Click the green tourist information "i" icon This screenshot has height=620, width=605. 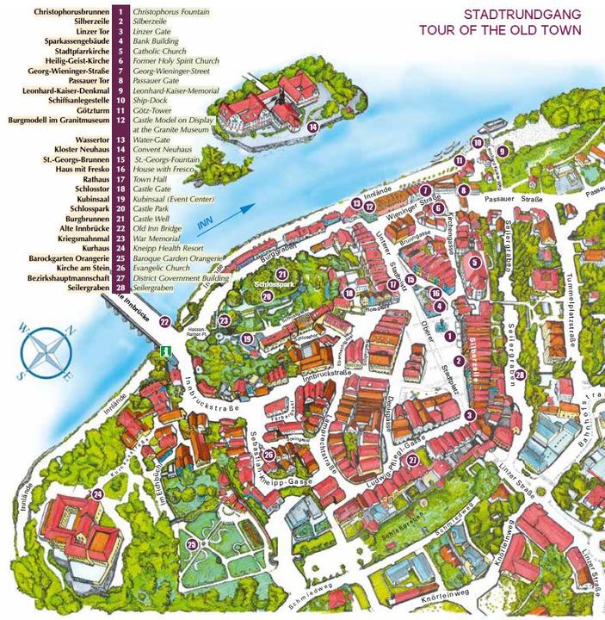coord(163,351)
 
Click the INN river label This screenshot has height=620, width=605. coord(204,226)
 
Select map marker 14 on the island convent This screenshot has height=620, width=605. coord(312,127)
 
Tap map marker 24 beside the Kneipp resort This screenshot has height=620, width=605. coord(97,493)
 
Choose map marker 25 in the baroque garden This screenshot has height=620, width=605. coord(191,543)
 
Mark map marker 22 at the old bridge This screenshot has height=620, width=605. coord(164,321)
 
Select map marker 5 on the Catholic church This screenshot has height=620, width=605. coord(473,263)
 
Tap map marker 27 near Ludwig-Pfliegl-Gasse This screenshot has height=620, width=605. coord(413,460)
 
